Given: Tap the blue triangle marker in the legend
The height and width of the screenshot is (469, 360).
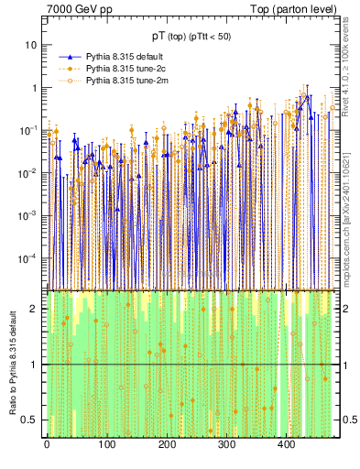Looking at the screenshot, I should (66, 57).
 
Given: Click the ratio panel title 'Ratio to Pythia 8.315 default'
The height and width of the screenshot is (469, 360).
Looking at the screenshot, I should (11, 362).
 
